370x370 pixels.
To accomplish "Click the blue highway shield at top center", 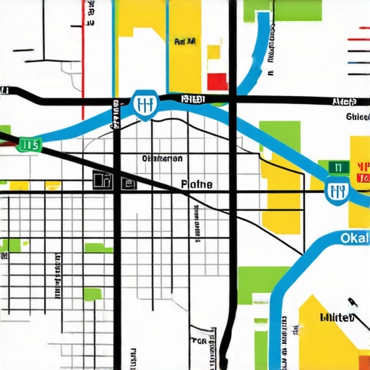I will pos(146,106).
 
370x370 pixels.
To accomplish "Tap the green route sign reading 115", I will pos(30,145).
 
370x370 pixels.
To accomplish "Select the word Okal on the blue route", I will pos(354,238).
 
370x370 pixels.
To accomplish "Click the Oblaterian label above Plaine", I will pos(163,158).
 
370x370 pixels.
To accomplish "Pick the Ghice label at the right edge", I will pos(357,116).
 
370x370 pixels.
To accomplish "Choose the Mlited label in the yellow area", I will pos(337,317).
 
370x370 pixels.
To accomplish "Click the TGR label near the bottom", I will pos(199,340).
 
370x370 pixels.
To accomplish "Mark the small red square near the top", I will pos(218,81).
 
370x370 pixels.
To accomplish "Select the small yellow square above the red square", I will pos(213,52).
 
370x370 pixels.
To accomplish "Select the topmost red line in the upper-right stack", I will pos(359,28).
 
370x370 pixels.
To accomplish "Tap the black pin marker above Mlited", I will pos(352,301).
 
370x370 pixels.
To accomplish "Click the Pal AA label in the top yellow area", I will pos(186,42).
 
